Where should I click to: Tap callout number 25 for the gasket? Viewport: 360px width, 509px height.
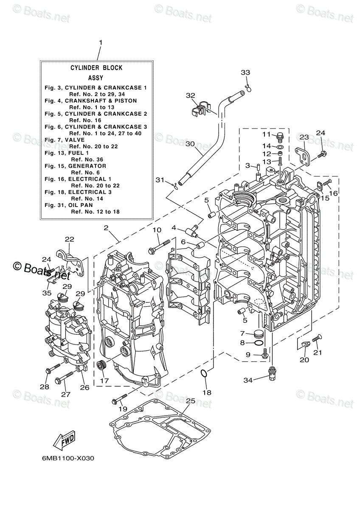190,401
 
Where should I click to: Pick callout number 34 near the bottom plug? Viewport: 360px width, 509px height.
248,380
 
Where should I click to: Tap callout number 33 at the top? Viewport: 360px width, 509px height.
245,73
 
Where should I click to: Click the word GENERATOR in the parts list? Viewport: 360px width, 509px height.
87,166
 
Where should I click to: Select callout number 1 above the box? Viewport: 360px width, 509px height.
101,43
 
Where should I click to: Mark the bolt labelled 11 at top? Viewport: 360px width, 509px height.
279,136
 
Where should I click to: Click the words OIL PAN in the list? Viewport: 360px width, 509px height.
81,205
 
